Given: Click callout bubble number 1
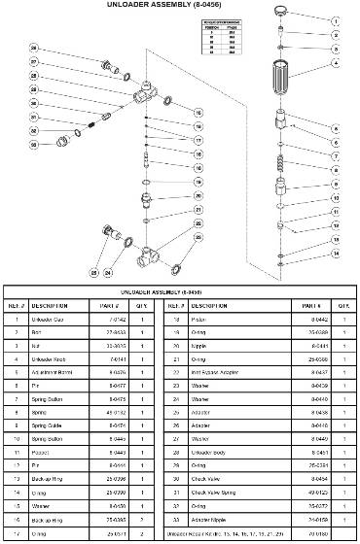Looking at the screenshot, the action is (337, 20).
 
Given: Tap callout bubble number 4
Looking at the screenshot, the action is (337, 64).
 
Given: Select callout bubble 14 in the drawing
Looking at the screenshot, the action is (337, 254).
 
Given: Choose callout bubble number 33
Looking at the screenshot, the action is (33, 144).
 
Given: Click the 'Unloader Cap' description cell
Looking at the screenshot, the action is (59, 319).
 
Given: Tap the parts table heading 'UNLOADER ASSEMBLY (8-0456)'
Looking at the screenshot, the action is (180, 291).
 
